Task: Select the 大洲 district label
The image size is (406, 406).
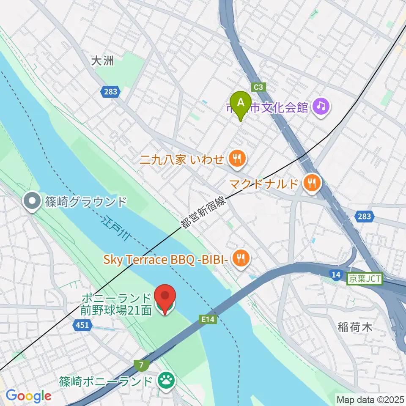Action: coord(103,61)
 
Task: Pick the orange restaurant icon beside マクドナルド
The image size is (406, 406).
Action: coord(313,183)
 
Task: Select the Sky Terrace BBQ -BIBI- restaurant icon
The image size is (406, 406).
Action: coord(241,258)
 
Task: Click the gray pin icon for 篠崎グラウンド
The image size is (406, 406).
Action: coord(32,201)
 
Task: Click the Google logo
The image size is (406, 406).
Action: coord(28,396)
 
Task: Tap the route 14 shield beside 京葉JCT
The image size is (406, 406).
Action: coord(336,276)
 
